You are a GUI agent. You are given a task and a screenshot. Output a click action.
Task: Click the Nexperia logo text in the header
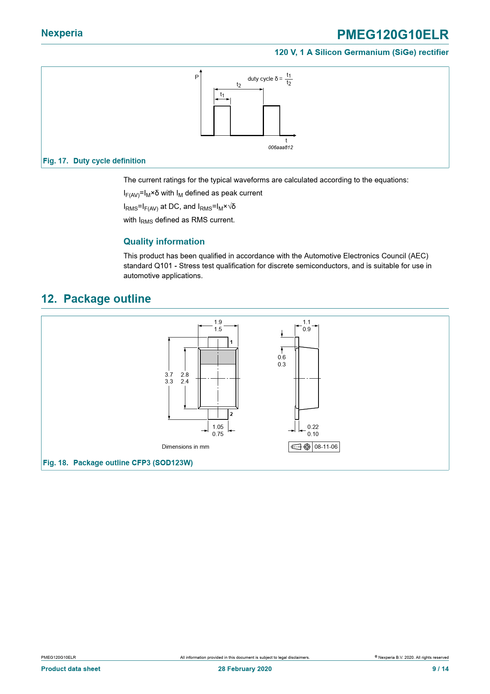62,33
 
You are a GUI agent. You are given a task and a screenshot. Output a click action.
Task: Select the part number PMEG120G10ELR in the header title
392,35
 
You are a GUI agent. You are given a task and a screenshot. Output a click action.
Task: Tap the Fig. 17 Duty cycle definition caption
94,161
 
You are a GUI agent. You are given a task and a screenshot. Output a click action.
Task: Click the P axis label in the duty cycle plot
197,77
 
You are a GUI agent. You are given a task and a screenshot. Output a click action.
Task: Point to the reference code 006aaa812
281,148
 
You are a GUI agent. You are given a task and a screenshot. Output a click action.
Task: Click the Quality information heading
164,241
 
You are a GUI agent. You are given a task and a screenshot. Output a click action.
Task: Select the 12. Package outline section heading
96,299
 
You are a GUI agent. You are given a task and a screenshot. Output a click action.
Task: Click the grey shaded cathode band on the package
218,357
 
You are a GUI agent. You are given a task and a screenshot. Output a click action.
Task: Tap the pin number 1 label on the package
232,342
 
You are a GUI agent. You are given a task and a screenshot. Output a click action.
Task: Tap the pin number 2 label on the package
232,414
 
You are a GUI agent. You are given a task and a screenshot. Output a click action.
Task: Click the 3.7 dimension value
169,374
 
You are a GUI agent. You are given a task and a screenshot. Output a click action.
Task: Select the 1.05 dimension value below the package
218,427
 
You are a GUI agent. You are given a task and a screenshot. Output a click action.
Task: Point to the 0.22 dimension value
313,427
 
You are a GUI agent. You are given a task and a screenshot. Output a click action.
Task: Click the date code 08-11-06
326,447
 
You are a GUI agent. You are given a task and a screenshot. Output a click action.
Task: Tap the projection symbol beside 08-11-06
301,447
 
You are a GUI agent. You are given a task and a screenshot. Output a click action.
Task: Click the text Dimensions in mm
185,447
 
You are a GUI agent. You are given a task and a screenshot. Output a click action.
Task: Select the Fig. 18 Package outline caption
118,463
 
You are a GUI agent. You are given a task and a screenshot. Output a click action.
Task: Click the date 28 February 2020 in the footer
245,669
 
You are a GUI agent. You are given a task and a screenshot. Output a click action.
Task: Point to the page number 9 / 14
440,669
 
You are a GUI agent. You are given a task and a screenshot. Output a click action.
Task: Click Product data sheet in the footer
71,669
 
